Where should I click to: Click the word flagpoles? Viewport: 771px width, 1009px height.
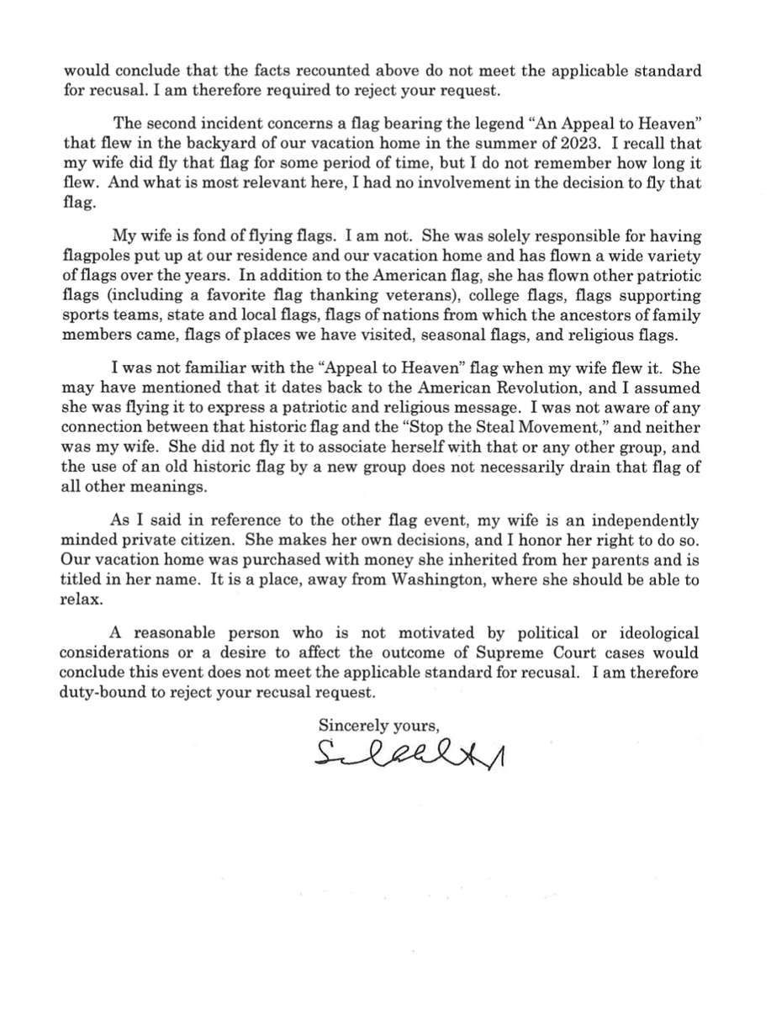tap(99, 260)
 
